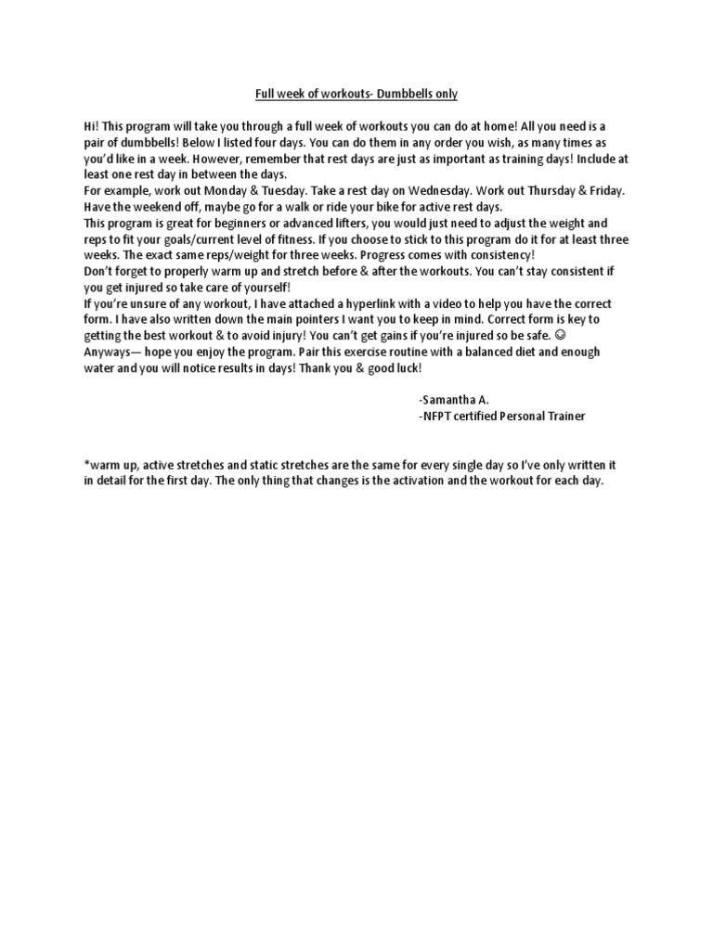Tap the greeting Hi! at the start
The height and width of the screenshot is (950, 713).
(x=93, y=125)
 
